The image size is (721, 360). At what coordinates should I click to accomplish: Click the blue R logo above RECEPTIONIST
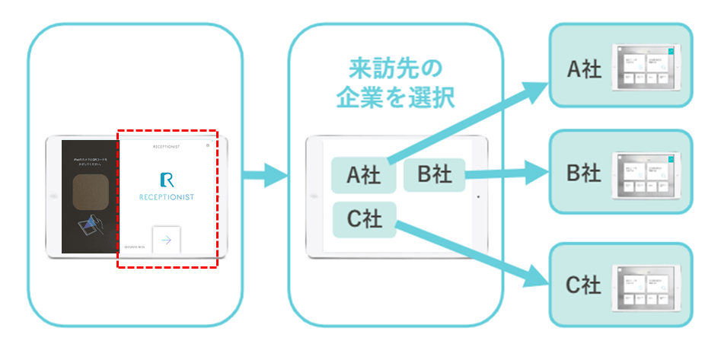point(167,180)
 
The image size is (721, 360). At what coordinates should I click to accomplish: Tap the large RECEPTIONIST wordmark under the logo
point(167,197)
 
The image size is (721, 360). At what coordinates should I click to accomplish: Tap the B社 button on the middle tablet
point(433,174)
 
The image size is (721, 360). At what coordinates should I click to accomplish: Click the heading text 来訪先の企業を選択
point(394,83)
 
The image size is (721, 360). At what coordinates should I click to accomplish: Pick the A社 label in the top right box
point(584,69)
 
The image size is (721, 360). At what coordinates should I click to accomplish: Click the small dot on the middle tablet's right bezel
point(477,196)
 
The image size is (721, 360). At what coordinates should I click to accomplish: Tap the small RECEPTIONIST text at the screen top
point(167,145)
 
